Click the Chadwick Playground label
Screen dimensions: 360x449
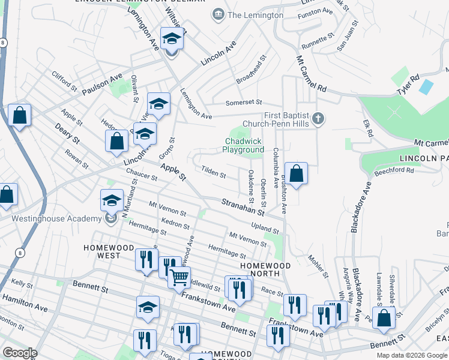tap(244, 145)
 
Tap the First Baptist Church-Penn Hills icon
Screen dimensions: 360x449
tap(319, 119)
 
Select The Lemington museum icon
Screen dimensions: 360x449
tap(217, 14)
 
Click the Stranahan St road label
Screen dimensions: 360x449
tap(243, 208)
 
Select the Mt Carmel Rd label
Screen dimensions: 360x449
tap(312, 74)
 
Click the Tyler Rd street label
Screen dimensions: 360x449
tap(407, 83)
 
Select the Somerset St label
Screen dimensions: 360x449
tap(244, 103)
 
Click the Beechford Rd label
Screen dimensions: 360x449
tap(394, 170)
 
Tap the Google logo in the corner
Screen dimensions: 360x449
tap(20, 352)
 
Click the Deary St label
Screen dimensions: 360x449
tap(67, 133)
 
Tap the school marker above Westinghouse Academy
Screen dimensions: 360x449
tap(112, 200)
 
